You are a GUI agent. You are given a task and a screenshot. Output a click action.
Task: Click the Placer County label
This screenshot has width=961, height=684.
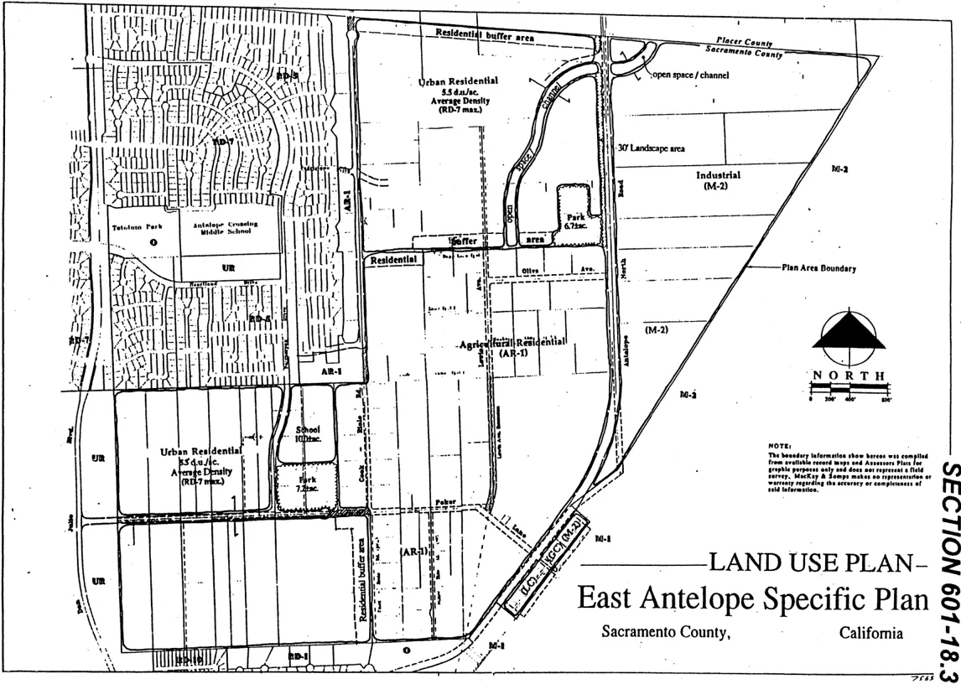pyautogui.click(x=745, y=43)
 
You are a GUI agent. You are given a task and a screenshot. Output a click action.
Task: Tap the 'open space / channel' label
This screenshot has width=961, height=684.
pyautogui.click(x=690, y=75)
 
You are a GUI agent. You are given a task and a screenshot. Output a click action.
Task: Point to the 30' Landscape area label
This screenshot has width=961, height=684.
pyautogui.click(x=651, y=148)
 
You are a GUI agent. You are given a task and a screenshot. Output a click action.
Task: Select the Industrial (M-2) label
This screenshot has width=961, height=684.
pyautogui.click(x=718, y=180)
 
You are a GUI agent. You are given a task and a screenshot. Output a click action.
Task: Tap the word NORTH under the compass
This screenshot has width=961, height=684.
pyautogui.click(x=849, y=375)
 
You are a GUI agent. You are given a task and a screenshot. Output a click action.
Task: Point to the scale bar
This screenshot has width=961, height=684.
pyautogui.click(x=849, y=389)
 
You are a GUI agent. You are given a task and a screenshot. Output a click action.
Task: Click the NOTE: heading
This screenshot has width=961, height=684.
pyautogui.click(x=780, y=445)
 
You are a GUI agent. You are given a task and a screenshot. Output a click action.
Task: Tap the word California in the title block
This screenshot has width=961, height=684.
pyautogui.click(x=870, y=632)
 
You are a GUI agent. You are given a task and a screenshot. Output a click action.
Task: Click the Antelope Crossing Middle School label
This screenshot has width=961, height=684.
pyautogui.click(x=231, y=229)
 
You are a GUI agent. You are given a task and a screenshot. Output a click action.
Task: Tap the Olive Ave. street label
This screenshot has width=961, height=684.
pyautogui.click(x=545, y=269)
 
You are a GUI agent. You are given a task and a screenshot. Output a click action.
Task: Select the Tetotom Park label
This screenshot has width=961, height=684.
pyautogui.click(x=138, y=225)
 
